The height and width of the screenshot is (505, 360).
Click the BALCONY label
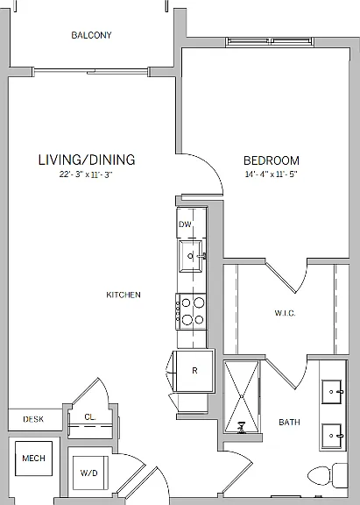tap(91, 35)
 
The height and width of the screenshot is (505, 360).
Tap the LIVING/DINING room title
tap(87, 160)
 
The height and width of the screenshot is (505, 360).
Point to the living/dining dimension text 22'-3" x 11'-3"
tap(86, 174)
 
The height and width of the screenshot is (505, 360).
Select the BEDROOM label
tap(272, 160)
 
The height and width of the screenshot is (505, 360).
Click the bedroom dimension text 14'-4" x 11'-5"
tap(271, 174)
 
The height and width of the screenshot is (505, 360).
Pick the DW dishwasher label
tap(185, 224)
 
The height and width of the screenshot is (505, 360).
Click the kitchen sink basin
tap(191, 256)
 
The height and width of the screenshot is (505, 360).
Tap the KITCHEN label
tap(124, 295)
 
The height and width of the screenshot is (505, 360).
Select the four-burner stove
tap(191, 311)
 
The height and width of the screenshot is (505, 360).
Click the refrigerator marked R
tap(194, 371)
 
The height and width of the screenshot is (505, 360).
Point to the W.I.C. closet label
tap(285, 313)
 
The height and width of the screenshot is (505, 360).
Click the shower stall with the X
tap(242, 397)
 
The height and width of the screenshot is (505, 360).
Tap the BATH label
tap(289, 422)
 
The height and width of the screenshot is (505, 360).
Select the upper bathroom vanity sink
tap(332, 392)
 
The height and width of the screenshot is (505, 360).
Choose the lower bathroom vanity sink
tap(332, 436)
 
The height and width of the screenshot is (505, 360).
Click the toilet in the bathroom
tap(328, 475)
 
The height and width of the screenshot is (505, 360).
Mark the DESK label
tap(33, 419)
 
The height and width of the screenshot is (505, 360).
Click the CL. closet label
tap(90, 417)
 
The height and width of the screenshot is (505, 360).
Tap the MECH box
tap(34, 459)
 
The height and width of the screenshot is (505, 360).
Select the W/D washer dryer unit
tap(89, 473)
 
